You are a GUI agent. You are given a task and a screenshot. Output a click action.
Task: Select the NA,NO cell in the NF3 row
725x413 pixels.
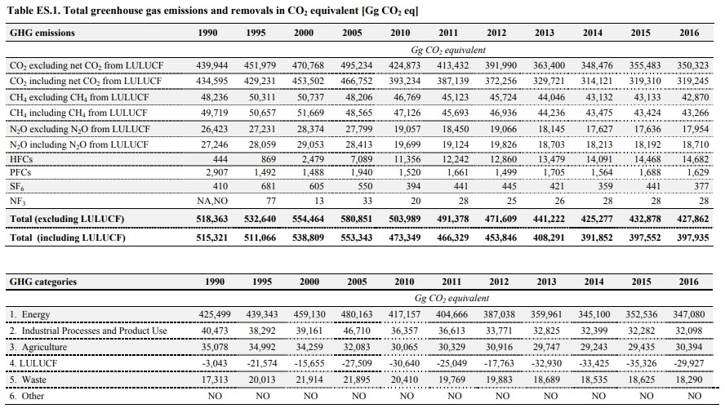pyautogui.click(x=212, y=201)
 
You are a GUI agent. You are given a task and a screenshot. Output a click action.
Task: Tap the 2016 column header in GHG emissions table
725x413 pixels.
pyautogui.click(x=689, y=33)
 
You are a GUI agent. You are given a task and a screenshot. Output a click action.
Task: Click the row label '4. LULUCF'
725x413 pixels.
pyautogui.click(x=33, y=363)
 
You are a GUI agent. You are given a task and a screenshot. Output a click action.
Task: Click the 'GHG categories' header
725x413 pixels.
pyautogui.click(x=43, y=282)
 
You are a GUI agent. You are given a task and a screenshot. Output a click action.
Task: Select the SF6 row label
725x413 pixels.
pyautogui.click(x=16, y=187)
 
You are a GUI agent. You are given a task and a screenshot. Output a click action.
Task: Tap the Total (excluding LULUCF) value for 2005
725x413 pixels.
pyautogui.click(x=356, y=219)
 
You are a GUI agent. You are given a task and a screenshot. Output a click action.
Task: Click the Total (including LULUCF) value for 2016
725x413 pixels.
pyautogui.click(x=692, y=238)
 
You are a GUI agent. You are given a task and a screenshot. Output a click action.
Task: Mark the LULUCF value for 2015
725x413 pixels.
pyautogui.click(x=641, y=363)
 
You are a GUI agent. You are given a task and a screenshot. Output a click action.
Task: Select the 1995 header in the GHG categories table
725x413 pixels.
pyautogui.click(x=262, y=282)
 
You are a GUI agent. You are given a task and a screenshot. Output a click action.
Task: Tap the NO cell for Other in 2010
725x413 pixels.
pyautogui.click(x=407, y=397)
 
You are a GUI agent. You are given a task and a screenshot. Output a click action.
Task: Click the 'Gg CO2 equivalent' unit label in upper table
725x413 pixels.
pyautogui.click(x=448, y=50)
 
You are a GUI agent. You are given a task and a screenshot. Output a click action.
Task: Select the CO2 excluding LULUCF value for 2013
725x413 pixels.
pyautogui.click(x=549, y=65)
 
